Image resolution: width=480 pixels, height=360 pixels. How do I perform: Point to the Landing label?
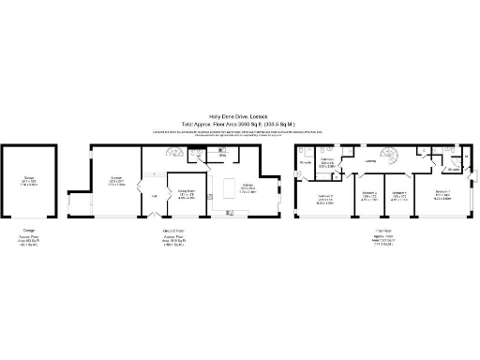[x=370, y=160]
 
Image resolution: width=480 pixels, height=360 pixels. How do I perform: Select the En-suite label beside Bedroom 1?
[x=454, y=170]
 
